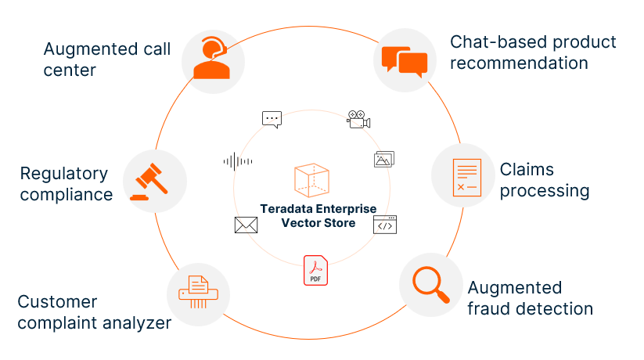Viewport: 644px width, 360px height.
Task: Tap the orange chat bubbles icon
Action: [x=405, y=61]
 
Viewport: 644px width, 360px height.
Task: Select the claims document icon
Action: [x=466, y=175]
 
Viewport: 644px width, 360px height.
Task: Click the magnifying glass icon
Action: [x=430, y=284]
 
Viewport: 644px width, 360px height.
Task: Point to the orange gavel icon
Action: [x=153, y=182]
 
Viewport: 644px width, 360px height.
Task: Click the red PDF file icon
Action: [x=315, y=271]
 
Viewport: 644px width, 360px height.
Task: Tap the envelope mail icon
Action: [x=246, y=225]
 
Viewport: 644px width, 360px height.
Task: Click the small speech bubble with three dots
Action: [x=272, y=120]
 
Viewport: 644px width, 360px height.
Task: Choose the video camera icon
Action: [x=358, y=119]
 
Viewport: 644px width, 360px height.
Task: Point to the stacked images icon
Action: [x=383, y=159]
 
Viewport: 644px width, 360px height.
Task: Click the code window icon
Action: [x=384, y=225]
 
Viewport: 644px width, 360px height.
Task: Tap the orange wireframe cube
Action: [x=311, y=180]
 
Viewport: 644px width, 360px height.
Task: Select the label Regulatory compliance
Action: [x=67, y=184]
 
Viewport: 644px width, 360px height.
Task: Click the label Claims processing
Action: [x=544, y=180]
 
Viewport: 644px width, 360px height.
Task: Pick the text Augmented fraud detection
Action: [x=530, y=298]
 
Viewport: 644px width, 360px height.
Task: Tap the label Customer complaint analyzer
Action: [x=94, y=311]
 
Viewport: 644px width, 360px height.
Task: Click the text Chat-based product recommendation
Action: [x=533, y=52]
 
